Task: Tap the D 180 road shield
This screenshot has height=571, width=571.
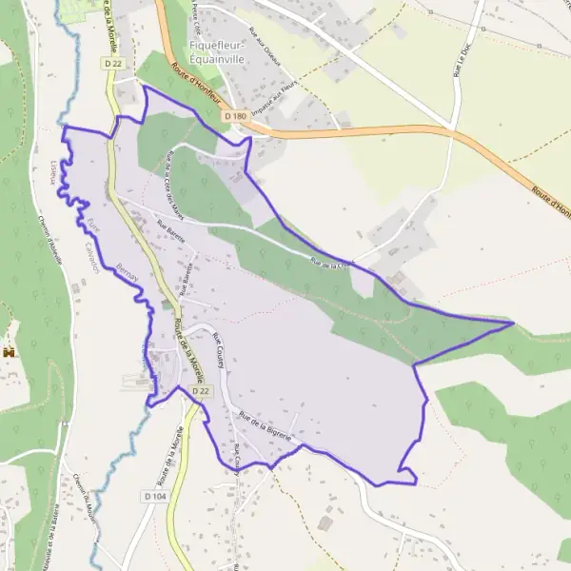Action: click(x=236, y=116)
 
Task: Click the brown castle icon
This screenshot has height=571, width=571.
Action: click(x=11, y=352)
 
